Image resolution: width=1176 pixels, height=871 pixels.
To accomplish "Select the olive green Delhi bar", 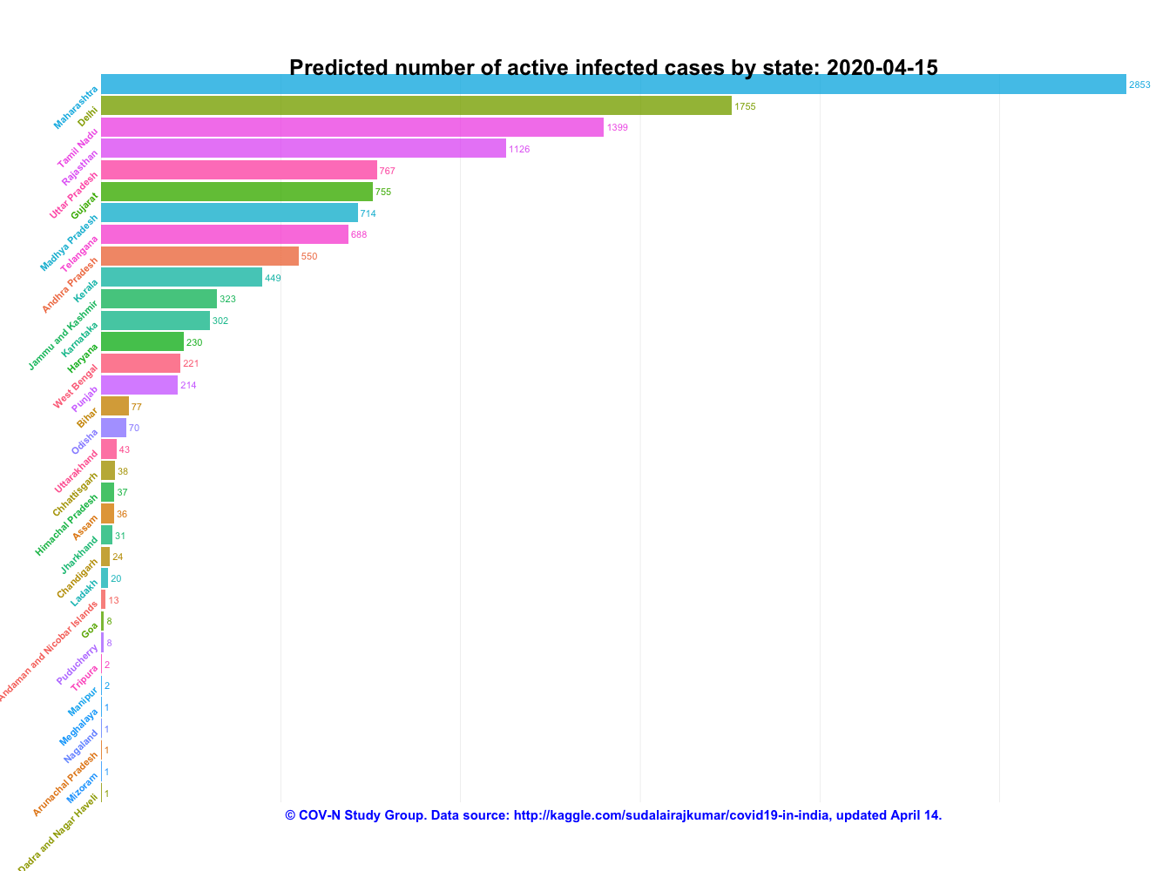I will pyautogui.click(x=416, y=105).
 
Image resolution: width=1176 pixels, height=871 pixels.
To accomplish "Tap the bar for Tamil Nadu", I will pyautogui.click(x=352, y=127).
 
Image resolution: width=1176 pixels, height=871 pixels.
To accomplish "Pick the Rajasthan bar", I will pyautogui.click(x=303, y=149).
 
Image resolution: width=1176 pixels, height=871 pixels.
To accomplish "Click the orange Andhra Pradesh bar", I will pyautogui.click(x=199, y=256).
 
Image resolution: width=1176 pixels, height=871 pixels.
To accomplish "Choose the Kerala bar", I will pyautogui.click(x=181, y=277).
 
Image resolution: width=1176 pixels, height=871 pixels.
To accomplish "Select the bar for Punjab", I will pyautogui.click(x=139, y=385).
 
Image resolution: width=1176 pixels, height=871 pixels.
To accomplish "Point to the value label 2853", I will pyautogui.click(x=1139, y=85).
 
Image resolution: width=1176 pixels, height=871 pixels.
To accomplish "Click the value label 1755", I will pyautogui.click(x=745, y=106).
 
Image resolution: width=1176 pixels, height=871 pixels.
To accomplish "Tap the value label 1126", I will pyautogui.click(x=519, y=150).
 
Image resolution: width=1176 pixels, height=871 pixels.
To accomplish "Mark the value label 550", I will pyautogui.click(x=309, y=257).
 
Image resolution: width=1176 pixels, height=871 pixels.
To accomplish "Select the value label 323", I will pyautogui.click(x=227, y=300).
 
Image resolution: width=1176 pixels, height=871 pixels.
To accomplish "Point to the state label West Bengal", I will pyautogui.click(x=75, y=386).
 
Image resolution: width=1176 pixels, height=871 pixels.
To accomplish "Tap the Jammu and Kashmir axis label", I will pyautogui.click(x=63, y=334).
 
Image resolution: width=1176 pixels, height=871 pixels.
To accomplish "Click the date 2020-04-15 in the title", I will pyautogui.click(x=882, y=68).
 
